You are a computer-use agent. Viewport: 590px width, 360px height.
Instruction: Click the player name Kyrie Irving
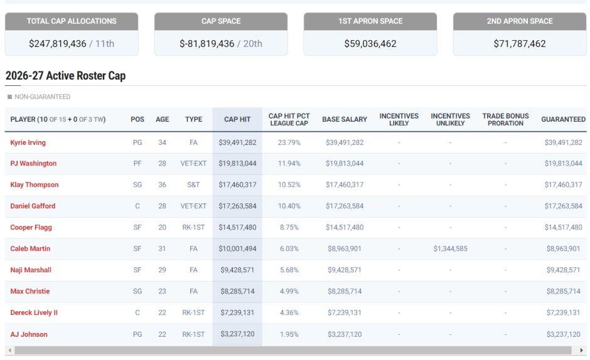(x=28, y=142)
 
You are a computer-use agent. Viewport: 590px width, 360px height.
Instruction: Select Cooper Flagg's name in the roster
(x=31, y=227)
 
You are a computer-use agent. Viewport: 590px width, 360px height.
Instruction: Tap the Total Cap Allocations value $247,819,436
(x=58, y=44)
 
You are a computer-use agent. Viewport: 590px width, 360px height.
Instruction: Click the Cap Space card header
(x=221, y=21)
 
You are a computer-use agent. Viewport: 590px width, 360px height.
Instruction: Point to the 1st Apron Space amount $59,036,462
(x=370, y=44)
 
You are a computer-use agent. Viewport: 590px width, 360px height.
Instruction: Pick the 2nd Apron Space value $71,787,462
(x=520, y=44)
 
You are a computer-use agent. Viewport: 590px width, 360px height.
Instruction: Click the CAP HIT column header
(x=237, y=119)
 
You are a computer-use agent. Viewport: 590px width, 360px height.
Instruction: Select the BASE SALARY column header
(x=345, y=119)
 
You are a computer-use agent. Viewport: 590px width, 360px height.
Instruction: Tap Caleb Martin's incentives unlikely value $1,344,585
(x=451, y=248)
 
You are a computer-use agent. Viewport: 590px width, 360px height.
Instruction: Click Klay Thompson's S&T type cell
(x=193, y=184)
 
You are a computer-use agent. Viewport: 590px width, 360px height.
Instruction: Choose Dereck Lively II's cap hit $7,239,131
(x=237, y=312)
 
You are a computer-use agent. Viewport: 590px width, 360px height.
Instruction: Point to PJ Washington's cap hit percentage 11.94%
(x=289, y=164)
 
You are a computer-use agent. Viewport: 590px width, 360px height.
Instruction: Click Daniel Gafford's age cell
(x=162, y=206)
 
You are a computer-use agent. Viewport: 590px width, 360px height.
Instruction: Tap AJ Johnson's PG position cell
(x=137, y=334)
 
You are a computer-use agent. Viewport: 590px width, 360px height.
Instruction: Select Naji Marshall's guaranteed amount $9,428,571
(x=563, y=270)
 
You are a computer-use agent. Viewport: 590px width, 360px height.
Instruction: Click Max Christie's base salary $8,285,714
(x=345, y=291)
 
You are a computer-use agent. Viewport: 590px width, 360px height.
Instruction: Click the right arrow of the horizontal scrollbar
(x=581, y=350)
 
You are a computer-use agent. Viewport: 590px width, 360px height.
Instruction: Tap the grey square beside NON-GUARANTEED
(x=9, y=97)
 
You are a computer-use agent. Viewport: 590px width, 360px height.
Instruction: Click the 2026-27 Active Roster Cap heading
(x=65, y=76)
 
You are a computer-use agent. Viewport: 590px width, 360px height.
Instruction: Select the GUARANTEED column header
(x=563, y=119)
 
